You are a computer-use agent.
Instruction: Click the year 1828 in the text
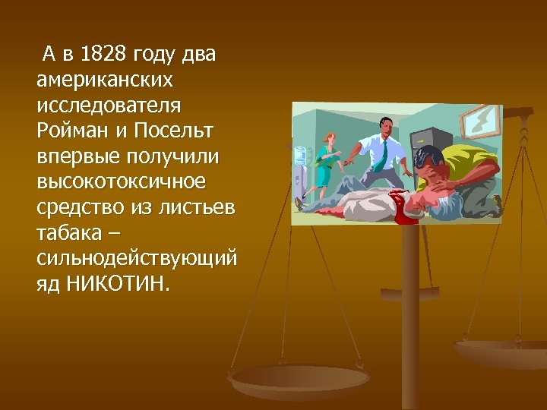click(103, 54)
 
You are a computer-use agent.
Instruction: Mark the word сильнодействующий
click(136, 259)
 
